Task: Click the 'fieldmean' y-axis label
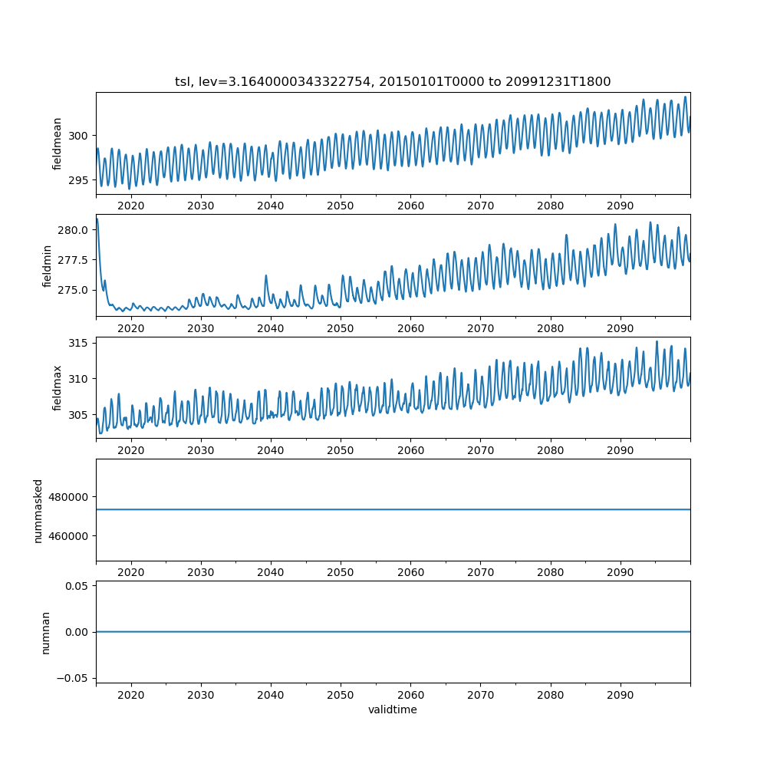pos(58,143)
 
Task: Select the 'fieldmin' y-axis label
pos(48,265)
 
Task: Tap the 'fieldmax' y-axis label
pos(58,387)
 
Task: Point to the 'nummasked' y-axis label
pos(38,509)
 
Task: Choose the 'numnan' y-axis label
pos(45,632)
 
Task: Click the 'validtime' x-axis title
pos(393,710)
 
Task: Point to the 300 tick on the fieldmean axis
pos(79,136)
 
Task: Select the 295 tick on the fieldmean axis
pos(79,180)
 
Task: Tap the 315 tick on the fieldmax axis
pos(79,342)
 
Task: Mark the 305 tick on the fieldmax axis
pos(79,415)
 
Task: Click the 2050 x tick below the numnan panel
pos(341,693)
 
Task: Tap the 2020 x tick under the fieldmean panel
pos(131,206)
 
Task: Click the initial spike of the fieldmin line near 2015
pos(97,220)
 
